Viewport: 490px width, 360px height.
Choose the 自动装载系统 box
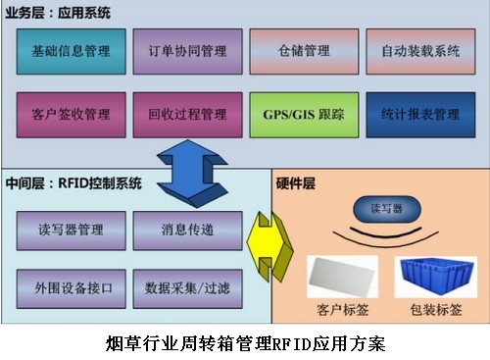[418, 51]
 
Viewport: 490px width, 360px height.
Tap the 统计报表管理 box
[418, 115]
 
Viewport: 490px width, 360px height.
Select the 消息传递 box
[187, 231]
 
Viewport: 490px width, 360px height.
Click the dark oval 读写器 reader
[379, 209]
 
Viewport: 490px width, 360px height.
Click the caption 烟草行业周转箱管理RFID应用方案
[245, 343]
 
